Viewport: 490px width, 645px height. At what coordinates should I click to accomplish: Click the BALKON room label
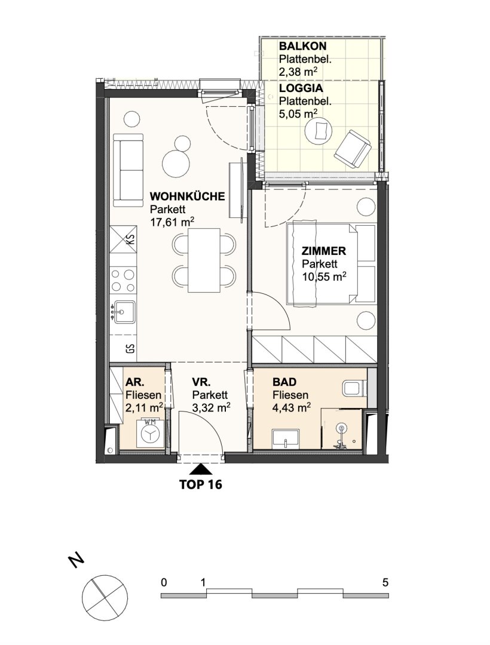302,45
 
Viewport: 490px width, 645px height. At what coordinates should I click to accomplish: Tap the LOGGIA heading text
301,88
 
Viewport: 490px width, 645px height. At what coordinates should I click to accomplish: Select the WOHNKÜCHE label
187,196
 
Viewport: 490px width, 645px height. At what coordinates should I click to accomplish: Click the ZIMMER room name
324,251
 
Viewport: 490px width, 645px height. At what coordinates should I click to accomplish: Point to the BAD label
284,382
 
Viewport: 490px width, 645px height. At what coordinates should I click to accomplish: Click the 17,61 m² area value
172,223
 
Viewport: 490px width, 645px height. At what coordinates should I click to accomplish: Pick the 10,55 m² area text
324,277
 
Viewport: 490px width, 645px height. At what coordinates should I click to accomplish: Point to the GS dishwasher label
130,349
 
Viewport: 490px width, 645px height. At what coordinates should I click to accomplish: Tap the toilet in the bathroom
354,388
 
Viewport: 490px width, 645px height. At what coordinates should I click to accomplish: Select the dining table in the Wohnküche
204,260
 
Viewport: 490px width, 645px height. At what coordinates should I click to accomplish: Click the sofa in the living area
128,170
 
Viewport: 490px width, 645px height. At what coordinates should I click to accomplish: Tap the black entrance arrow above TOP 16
200,469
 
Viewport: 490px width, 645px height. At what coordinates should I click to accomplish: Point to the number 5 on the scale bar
385,582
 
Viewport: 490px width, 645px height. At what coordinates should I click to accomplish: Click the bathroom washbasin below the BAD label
286,438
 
